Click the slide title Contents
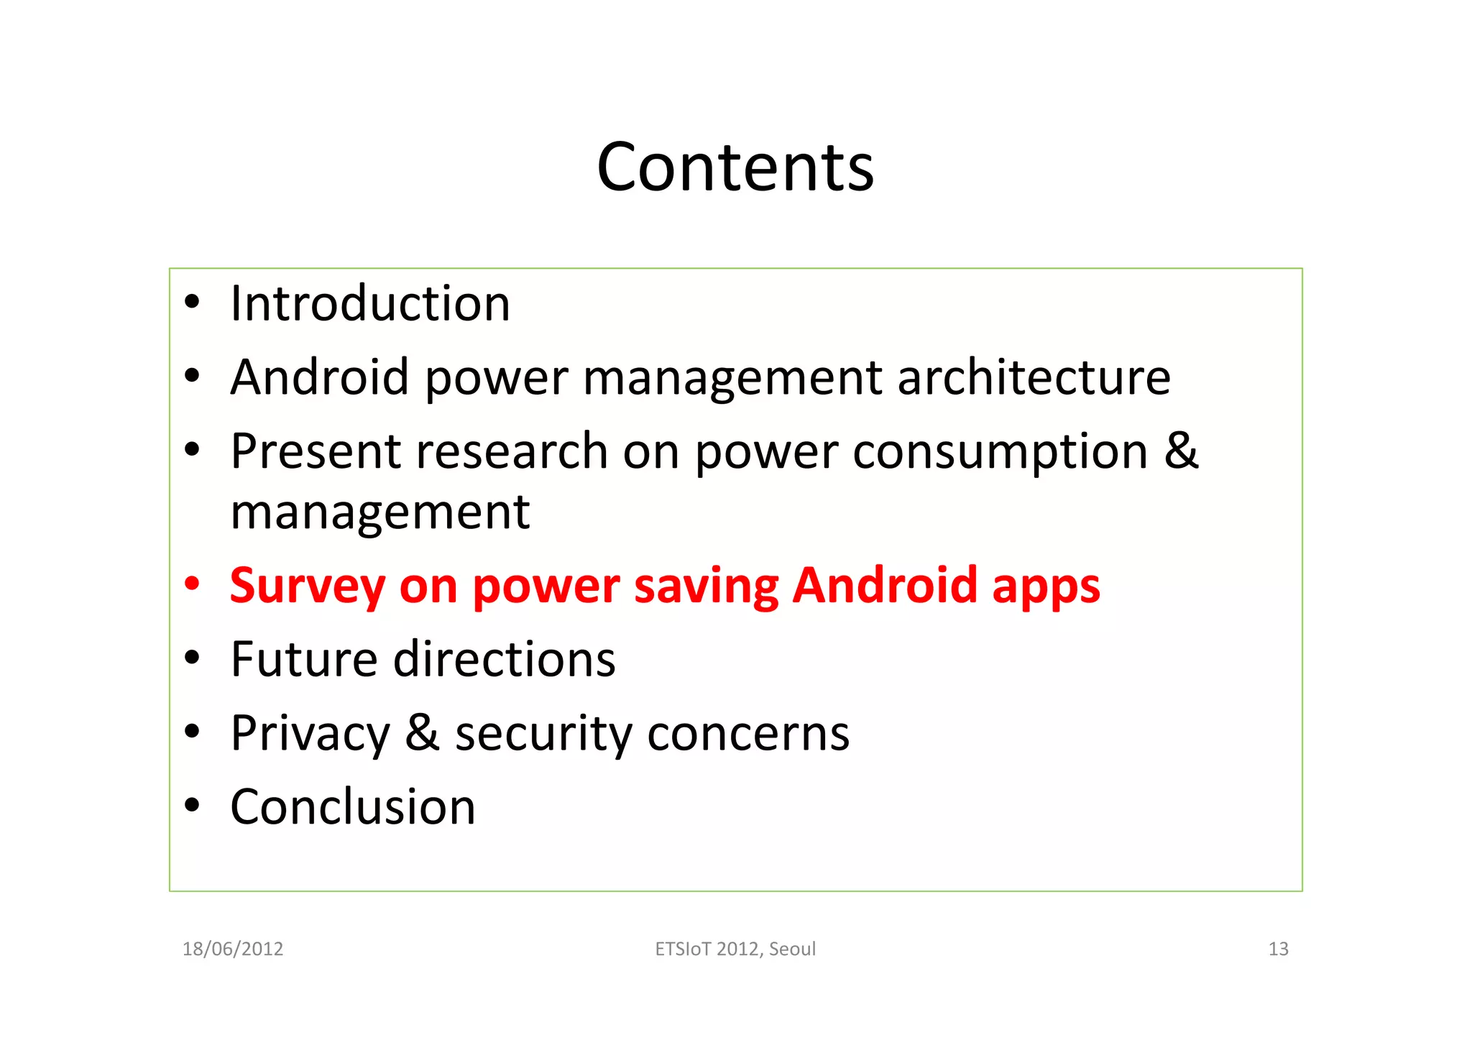pos(735,167)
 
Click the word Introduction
pos(370,303)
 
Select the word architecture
pos(1034,377)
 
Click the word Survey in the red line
pos(308,586)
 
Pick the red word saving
pos(707,586)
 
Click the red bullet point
pos(191,584)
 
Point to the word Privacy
pos(310,734)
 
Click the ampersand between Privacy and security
pos(423,732)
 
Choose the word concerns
pos(748,734)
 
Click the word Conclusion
pos(353,807)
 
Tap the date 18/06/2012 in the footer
pos(233,949)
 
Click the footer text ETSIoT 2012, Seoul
pos(735,949)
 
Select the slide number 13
pos(1278,949)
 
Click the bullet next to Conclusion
pos(191,806)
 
